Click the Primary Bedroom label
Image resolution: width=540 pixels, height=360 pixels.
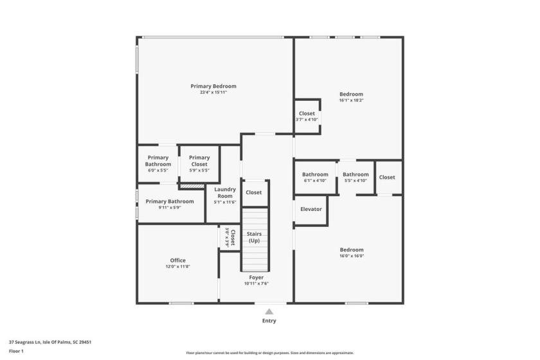coord(213,86)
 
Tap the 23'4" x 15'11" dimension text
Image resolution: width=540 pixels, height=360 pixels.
coord(213,93)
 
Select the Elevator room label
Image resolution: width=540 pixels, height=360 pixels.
coord(311,209)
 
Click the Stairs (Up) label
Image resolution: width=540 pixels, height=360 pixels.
coord(255,237)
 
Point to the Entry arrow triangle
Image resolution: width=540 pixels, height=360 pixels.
coord(269,312)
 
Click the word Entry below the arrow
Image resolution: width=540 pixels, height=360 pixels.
coord(269,321)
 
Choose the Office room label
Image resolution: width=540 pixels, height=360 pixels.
coord(178,260)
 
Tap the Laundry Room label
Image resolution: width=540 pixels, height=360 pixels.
coord(225,192)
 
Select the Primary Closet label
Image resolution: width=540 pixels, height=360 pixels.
coord(199,161)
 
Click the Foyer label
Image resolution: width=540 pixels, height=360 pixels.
coord(256,278)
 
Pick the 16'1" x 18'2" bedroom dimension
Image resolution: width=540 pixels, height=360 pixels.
coord(351,100)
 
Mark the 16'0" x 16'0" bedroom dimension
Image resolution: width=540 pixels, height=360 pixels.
coord(352,256)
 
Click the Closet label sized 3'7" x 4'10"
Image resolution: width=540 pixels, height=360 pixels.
coord(307,114)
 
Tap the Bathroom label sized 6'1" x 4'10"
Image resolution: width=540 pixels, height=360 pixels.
coord(315,174)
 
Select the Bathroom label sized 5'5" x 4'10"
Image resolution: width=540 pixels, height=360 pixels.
coord(355,174)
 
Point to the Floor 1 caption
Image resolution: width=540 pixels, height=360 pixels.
coord(16,352)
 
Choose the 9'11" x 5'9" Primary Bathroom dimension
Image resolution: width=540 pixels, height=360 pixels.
coord(170,207)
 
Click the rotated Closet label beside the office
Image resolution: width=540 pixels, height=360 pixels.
coord(233,238)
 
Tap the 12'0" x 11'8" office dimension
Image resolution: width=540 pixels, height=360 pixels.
coord(178,267)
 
